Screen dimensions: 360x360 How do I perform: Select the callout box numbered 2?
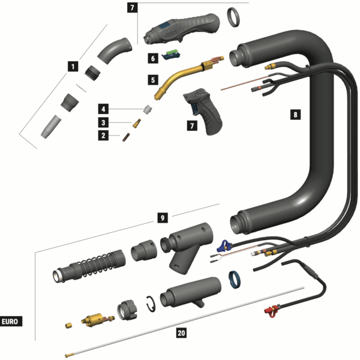click(x=104, y=136)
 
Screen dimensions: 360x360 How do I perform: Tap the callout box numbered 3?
click(x=104, y=122)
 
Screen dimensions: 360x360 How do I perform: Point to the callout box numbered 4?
click(x=104, y=109)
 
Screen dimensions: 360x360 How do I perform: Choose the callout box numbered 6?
click(x=152, y=58)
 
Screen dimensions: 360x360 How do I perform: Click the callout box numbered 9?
click(x=161, y=218)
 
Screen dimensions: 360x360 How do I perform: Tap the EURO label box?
click(x=11, y=321)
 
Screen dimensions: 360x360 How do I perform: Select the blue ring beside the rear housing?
click(x=233, y=279)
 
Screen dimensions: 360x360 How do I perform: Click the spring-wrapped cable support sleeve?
click(x=90, y=267)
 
